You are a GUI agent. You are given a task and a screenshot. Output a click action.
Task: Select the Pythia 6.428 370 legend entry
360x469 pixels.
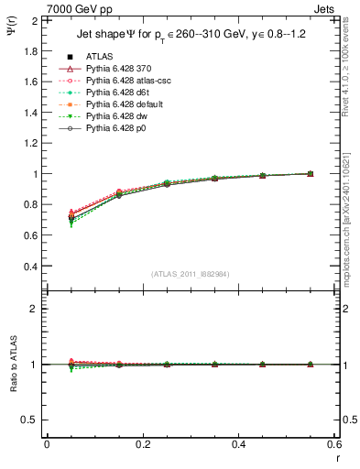pyautogui.click(x=115, y=69)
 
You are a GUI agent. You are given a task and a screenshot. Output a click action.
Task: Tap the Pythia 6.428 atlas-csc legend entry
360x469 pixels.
pyautogui.click(x=123, y=81)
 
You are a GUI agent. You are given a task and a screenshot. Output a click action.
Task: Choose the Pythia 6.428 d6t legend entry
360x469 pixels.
pyautogui.click(x=115, y=93)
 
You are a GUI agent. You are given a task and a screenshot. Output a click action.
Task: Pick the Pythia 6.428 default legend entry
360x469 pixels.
pyautogui.click(x=120, y=104)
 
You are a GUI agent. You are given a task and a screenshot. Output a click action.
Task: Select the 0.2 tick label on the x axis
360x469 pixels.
pyautogui.click(x=142, y=443)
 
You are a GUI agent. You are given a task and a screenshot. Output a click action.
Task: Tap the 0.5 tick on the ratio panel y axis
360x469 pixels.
pyautogui.click(x=32, y=420)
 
